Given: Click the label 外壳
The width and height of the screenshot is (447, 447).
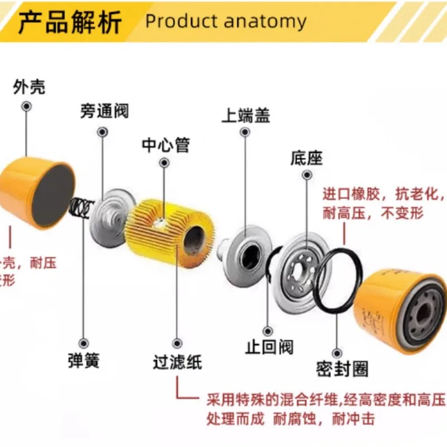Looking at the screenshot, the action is (x=29, y=87).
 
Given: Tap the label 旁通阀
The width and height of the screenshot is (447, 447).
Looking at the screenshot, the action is (x=103, y=111).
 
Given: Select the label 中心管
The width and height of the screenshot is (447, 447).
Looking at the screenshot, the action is (x=165, y=145).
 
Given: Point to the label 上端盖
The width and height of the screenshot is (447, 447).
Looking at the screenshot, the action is (x=246, y=115).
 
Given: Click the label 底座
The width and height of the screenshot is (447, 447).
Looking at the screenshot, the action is (x=307, y=158).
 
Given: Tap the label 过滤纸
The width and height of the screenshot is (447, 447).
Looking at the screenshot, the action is (x=177, y=362).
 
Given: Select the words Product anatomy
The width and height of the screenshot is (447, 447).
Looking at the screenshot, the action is (x=226, y=22).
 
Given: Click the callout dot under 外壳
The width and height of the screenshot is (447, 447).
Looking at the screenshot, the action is (x=26, y=106).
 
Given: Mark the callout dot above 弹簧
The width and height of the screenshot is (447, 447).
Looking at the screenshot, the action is (x=84, y=343).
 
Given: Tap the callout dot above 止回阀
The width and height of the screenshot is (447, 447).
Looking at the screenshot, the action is (x=268, y=331).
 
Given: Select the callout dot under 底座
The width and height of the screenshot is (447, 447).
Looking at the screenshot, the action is (x=307, y=176).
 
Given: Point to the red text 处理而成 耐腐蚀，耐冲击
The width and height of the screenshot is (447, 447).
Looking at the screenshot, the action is (x=290, y=418).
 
